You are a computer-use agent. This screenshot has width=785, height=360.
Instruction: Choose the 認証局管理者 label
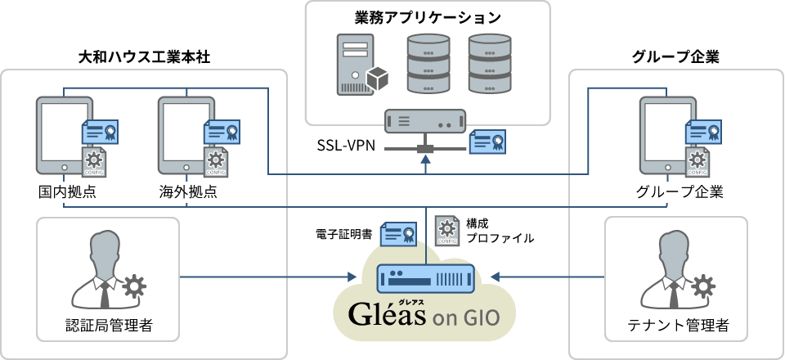[x=110, y=326]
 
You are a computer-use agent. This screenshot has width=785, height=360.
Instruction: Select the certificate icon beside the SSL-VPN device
[x=488, y=142]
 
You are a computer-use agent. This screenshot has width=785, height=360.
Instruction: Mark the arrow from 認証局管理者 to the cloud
[x=270, y=277]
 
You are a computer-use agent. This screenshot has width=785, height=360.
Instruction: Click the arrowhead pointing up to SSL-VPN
[x=425, y=161]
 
